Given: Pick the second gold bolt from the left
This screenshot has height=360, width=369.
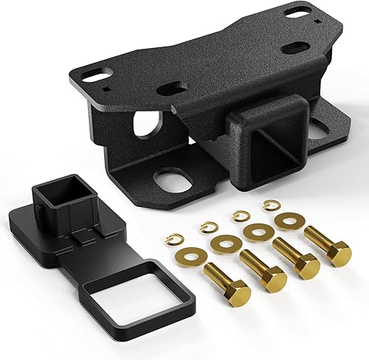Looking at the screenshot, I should coord(258,267).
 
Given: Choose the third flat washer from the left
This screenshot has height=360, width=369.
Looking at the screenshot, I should coord(254,230).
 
